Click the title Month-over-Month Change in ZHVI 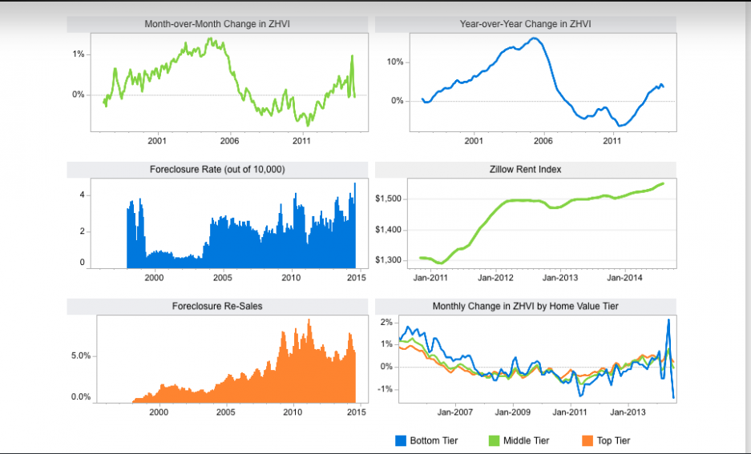pyautogui.click(x=217, y=24)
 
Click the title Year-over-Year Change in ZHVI pyautogui.click(x=526, y=24)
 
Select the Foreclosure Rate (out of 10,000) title pyautogui.click(x=217, y=170)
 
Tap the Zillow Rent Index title pyautogui.click(x=526, y=170)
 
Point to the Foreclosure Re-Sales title pyautogui.click(x=217, y=306)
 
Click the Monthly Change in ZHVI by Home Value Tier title pyautogui.click(x=526, y=306)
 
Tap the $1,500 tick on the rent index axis pyautogui.click(x=389, y=199)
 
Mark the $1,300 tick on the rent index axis pyautogui.click(x=389, y=260)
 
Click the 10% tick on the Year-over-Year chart pyautogui.click(x=395, y=62)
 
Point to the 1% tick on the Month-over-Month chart pyautogui.click(x=79, y=54)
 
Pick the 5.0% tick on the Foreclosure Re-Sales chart pyautogui.click(x=80, y=356)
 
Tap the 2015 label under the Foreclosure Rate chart pyautogui.click(x=356, y=278)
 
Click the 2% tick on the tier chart pyautogui.click(x=386, y=323)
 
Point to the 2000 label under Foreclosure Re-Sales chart pyautogui.click(x=159, y=412)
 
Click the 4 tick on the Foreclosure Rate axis pyautogui.click(x=82, y=195)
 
